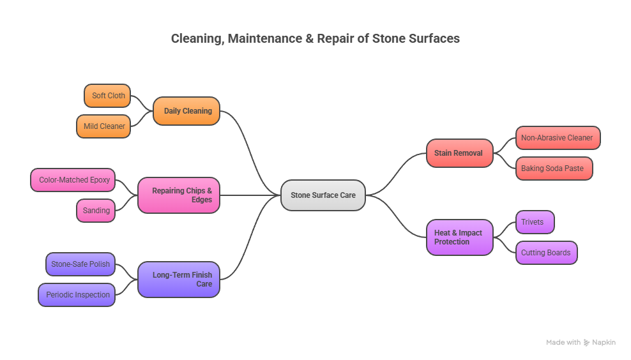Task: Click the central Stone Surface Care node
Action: pos(323,195)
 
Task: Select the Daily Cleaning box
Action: pos(186,111)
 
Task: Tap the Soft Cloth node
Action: pos(107,96)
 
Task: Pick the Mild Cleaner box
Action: pos(103,126)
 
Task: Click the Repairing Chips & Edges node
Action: pos(179,195)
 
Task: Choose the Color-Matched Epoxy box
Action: pos(74,180)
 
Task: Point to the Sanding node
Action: pos(96,211)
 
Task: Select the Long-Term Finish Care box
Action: pos(179,280)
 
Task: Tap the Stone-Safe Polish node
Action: pos(80,264)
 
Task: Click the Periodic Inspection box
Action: pos(77,295)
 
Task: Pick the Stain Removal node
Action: pos(459,153)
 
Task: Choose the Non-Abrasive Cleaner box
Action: pos(557,138)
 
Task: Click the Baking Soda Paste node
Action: pos(553,169)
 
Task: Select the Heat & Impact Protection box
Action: pos(459,237)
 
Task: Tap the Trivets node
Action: pos(534,222)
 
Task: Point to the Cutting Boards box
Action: pos(545,253)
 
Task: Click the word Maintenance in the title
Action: pos(262,39)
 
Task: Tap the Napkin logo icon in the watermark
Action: pos(587,343)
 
